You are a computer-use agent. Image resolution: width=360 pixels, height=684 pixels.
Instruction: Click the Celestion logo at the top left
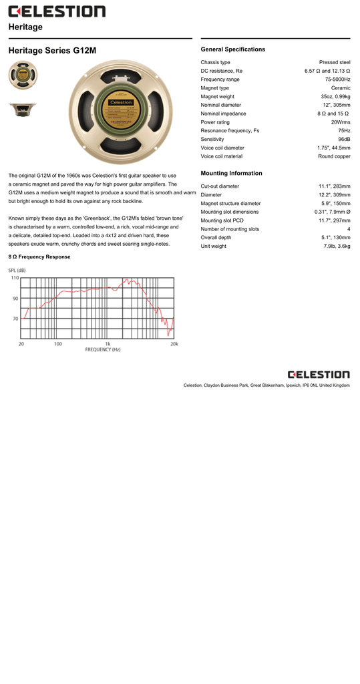57,11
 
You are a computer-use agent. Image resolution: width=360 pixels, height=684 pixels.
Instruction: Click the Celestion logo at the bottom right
319,375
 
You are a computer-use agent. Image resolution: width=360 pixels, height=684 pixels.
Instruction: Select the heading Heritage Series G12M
52,50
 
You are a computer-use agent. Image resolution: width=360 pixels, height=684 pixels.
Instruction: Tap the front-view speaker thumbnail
23,74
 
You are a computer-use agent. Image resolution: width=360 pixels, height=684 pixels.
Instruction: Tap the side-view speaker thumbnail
23,110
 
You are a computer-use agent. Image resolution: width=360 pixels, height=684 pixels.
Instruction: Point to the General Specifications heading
232,49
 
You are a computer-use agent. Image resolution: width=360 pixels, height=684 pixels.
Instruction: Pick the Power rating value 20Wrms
340,122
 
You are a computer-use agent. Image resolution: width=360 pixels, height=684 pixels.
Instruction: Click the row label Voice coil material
221,156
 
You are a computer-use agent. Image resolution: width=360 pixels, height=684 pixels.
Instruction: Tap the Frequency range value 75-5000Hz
337,79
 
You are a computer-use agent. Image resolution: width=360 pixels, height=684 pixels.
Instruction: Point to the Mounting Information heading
231,173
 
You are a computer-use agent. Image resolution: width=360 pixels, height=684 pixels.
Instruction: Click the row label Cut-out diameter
220,186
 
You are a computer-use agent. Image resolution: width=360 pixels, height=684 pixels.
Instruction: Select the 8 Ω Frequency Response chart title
39,256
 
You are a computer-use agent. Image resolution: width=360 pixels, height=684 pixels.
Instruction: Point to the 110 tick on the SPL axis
15,278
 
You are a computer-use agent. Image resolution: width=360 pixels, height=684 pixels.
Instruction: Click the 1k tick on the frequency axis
108,344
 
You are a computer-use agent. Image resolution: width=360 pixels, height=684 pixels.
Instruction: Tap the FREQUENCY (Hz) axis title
102,350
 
